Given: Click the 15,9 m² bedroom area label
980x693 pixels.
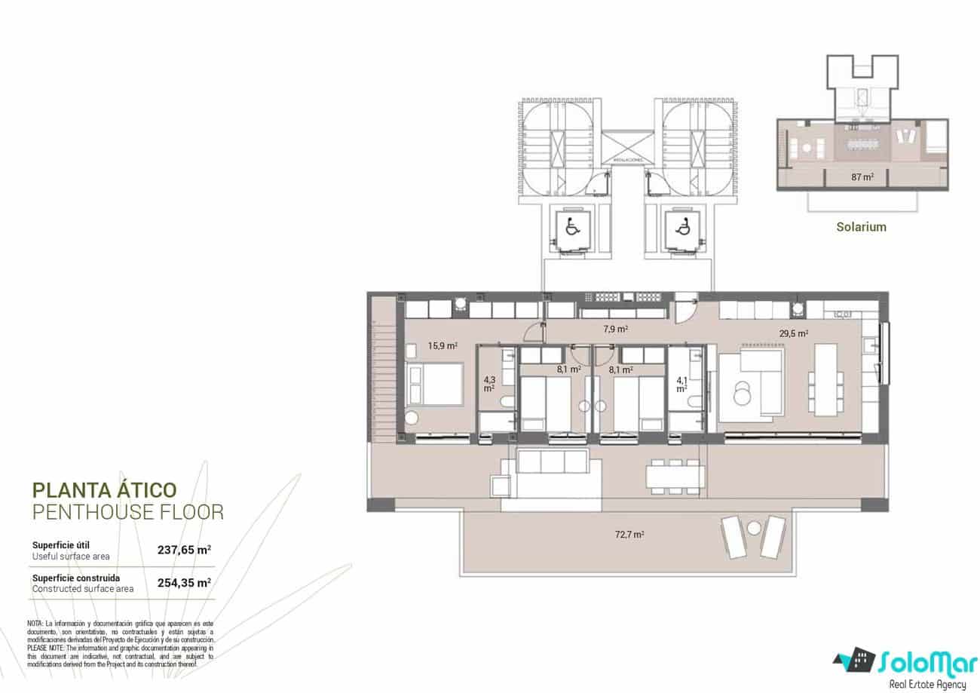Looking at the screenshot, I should [443, 346].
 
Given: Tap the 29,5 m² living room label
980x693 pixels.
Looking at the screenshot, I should [793, 333].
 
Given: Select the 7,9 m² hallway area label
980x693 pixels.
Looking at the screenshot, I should [616, 329].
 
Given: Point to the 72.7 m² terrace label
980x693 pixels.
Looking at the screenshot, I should [629, 535].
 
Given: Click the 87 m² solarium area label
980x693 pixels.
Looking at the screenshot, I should [862, 177].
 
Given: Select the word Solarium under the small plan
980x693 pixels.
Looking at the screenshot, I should [861, 226].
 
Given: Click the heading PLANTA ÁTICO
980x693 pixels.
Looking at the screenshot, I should [105, 492].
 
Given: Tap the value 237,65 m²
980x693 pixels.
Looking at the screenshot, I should [184, 550].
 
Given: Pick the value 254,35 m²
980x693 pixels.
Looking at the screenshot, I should [184, 582].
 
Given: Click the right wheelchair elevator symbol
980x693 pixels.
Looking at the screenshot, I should [683, 225].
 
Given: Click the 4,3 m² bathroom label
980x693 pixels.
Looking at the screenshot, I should [489, 385].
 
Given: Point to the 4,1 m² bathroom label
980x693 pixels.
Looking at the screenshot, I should [681, 385].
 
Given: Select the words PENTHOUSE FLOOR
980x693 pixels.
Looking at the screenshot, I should [128, 513].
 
